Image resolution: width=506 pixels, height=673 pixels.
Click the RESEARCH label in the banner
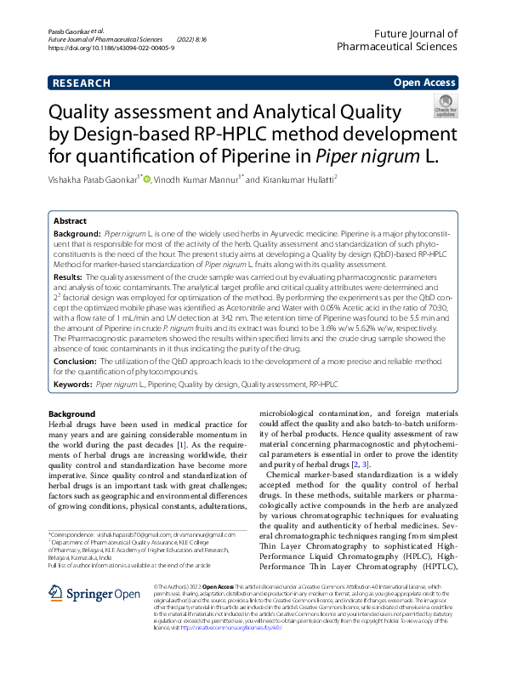[x=82, y=83]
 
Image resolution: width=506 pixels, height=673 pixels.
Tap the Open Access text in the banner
[x=424, y=83]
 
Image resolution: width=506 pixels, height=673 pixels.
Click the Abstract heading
[x=70, y=219]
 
